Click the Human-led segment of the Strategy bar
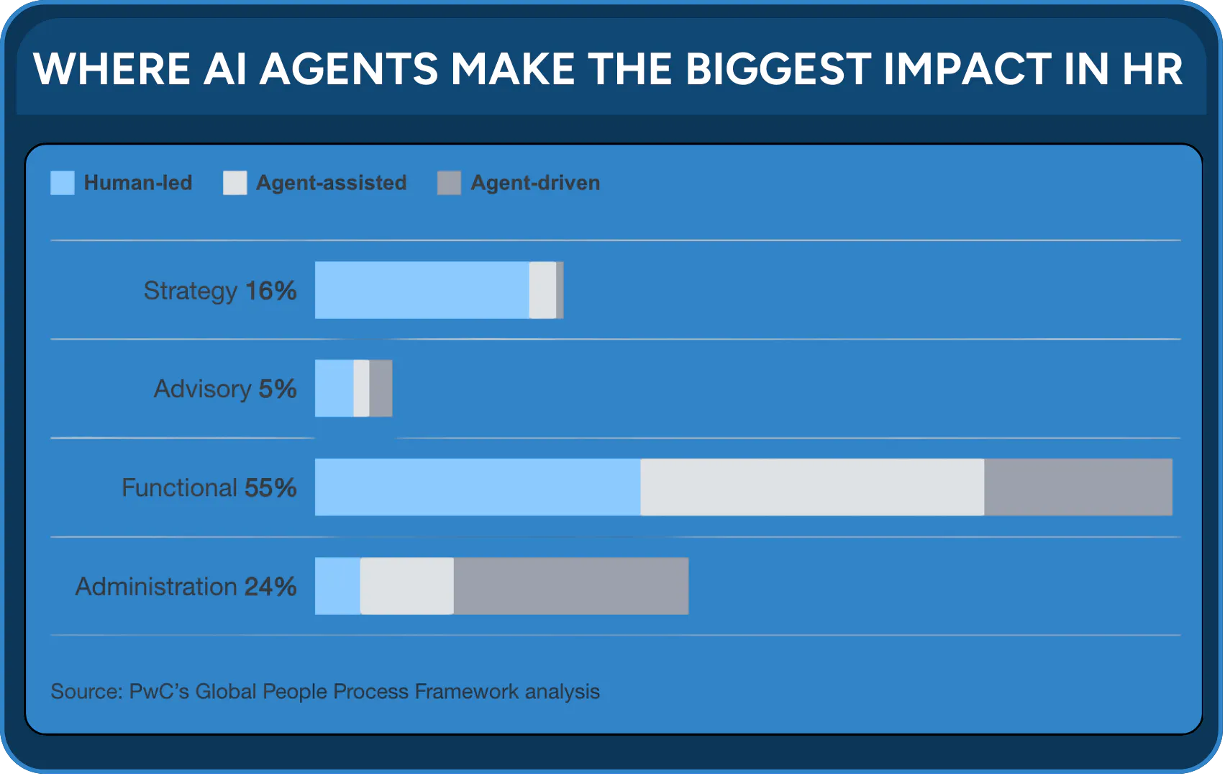click(422, 290)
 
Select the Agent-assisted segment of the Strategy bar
click(542, 290)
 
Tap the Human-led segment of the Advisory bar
click(334, 389)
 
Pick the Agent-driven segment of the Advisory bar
click(381, 389)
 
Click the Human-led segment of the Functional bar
click(478, 487)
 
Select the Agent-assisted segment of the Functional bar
click(813, 487)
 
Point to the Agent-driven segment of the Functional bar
click(1078, 487)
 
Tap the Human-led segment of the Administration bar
click(338, 586)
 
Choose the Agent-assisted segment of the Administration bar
click(407, 586)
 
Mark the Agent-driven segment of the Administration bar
click(571, 586)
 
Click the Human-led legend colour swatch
click(63, 183)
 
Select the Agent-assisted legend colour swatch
click(235, 183)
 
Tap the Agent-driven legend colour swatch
click(449, 183)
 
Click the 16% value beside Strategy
click(270, 291)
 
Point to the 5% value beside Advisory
click(277, 389)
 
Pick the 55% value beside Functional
click(270, 487)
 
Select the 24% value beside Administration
click(270, 587)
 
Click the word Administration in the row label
click(156, 587)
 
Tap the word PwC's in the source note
click(159, 692)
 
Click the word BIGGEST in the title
click(778, 69)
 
